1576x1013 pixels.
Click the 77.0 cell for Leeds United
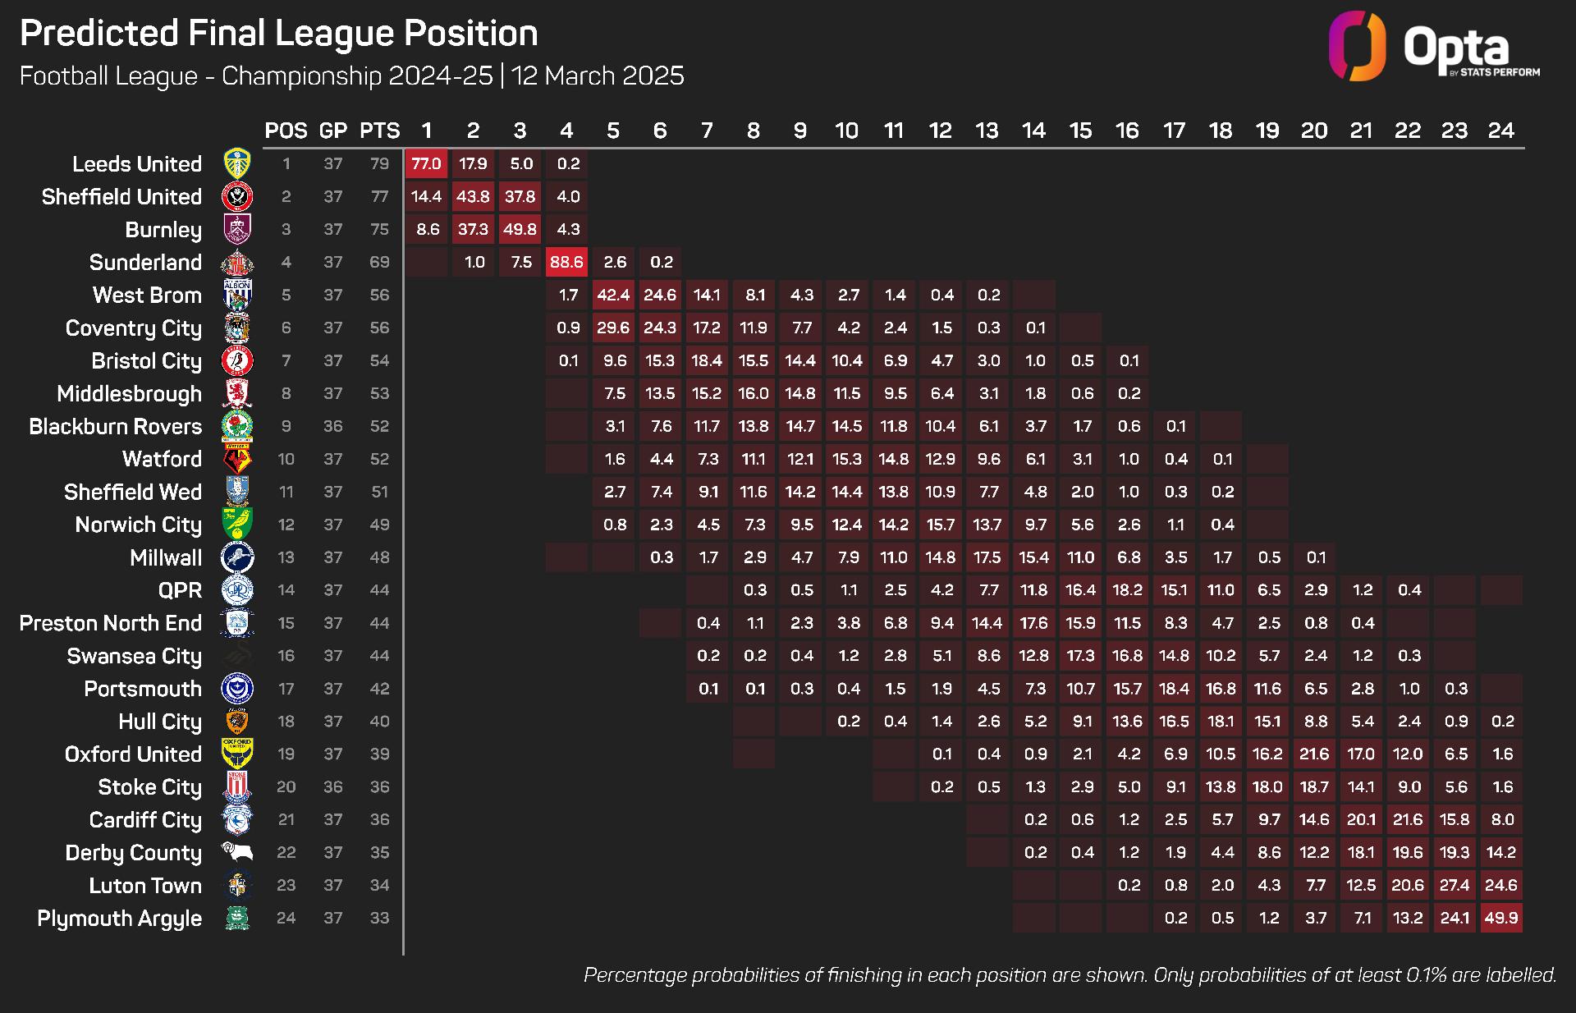(x=426, y=163)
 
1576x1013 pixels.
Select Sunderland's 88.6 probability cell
(x=566, y=262)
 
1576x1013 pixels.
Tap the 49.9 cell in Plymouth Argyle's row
(x=1501, y=918)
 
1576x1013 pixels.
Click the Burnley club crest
(x=237, y=229)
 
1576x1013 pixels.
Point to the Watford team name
(x=162, y=459)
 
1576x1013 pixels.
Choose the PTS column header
(x=379, y=131)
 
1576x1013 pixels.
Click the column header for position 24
(x=1501, y=131)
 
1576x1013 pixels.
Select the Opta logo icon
(x=1357, y=46)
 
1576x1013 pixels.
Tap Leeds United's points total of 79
(x=379, y=163)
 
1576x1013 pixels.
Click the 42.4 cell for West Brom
(x=613, y=295)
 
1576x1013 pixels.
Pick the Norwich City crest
(x=237, y=524)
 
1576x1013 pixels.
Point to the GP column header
(x=332, y=131)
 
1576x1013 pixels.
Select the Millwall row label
(x=166, y=557)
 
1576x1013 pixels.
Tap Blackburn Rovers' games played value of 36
(x=332, y=426)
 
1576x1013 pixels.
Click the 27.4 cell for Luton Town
(x=1455, y=885)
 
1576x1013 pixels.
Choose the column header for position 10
(x=846, y=131)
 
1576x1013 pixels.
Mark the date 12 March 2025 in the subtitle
(x=598, y=76)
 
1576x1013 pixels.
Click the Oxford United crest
(x=237, y=754)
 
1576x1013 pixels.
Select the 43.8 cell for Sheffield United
(x=473, y=196)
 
